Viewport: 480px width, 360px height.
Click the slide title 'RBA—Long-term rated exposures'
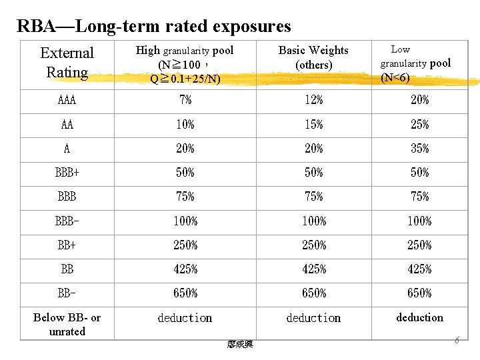coord(154,26)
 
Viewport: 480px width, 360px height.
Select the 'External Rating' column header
coord(67,63)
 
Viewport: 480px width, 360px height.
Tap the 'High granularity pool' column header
coord(185,65)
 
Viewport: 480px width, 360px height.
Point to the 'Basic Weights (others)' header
coord(313,58)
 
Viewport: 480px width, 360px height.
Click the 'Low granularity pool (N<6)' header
coord(415,63)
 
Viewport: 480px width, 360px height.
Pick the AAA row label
coord(67,101)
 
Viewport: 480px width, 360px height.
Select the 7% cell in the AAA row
coord(185,101)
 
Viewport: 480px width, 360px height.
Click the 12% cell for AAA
coord(313,101)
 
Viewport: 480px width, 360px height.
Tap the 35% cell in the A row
coord(419,149)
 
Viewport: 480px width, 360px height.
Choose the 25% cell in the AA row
coord(419,125)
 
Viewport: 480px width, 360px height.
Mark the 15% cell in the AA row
coord(313,125)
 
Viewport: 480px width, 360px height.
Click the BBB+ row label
coord(67,173)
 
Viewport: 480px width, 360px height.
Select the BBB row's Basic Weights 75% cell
coord(313,197)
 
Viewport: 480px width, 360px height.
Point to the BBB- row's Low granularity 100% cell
coord(419,221)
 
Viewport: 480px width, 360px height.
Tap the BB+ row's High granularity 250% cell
coord(185,245)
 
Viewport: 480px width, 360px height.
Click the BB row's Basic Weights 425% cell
coord(313,269)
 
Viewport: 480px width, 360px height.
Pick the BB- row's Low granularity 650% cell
coord(419,293)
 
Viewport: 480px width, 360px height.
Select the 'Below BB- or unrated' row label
coord(67,325)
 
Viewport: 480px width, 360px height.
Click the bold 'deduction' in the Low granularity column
coord(419,318)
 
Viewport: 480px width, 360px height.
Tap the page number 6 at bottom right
coord(457,341)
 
